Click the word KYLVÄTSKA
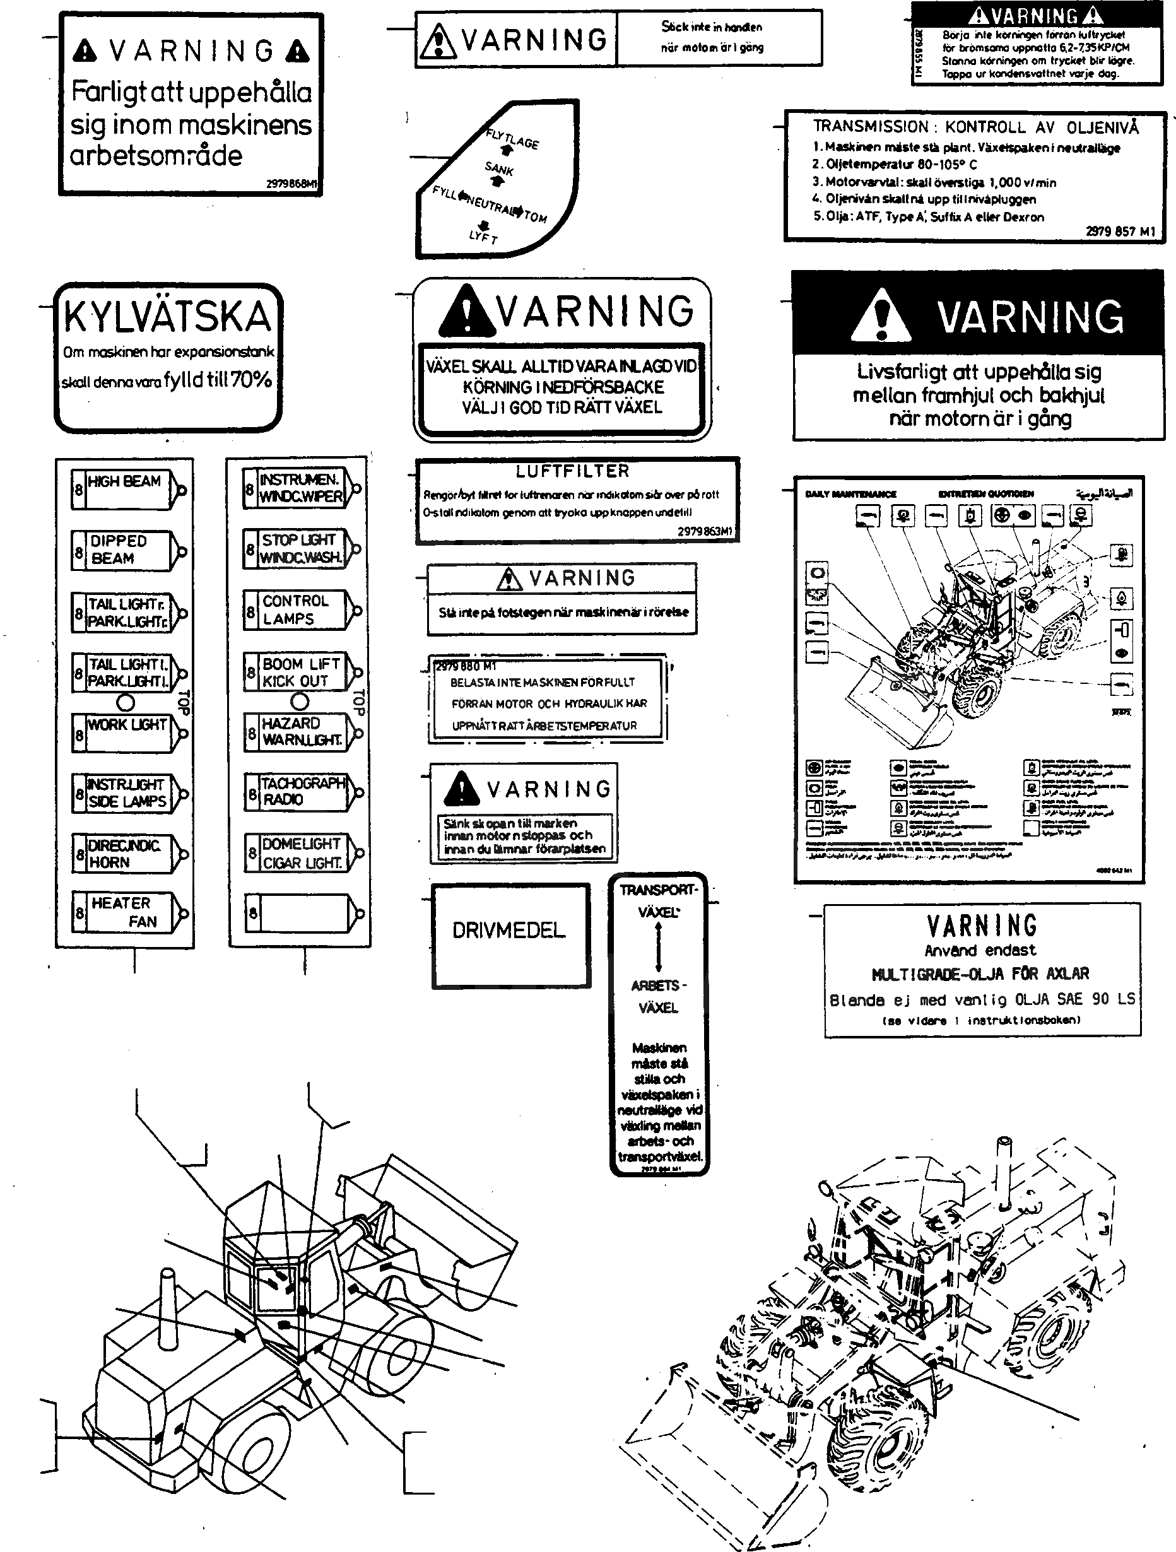[168, 317]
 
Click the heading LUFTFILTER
[573, 471]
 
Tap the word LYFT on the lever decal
[483, 237]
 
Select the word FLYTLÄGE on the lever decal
[513, 139]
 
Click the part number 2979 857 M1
[1120, 232]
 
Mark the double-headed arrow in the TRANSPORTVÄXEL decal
[658, 947]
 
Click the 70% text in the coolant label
[251, 380]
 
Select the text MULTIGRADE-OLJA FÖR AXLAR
[980, 974]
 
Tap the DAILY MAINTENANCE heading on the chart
[850, 494]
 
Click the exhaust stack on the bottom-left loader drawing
[168, 1305]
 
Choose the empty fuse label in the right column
[298, 913]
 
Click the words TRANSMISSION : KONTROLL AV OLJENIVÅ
[975, 127]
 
